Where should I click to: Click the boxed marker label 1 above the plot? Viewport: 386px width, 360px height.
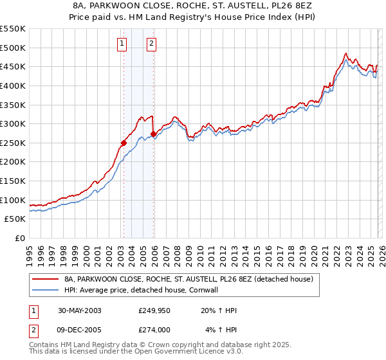(122, 44)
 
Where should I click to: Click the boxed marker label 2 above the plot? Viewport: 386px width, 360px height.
(151, 44)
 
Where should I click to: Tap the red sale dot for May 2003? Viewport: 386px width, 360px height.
(124, 143)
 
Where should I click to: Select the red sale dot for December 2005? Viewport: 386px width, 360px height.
(153, 134)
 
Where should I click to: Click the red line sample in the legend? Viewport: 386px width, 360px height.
(46, 280)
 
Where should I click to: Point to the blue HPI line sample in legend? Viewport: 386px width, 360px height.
(46, 290)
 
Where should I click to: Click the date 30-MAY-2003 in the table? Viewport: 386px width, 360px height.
(80, 310)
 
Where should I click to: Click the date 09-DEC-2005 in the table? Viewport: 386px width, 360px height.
(80, 330)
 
